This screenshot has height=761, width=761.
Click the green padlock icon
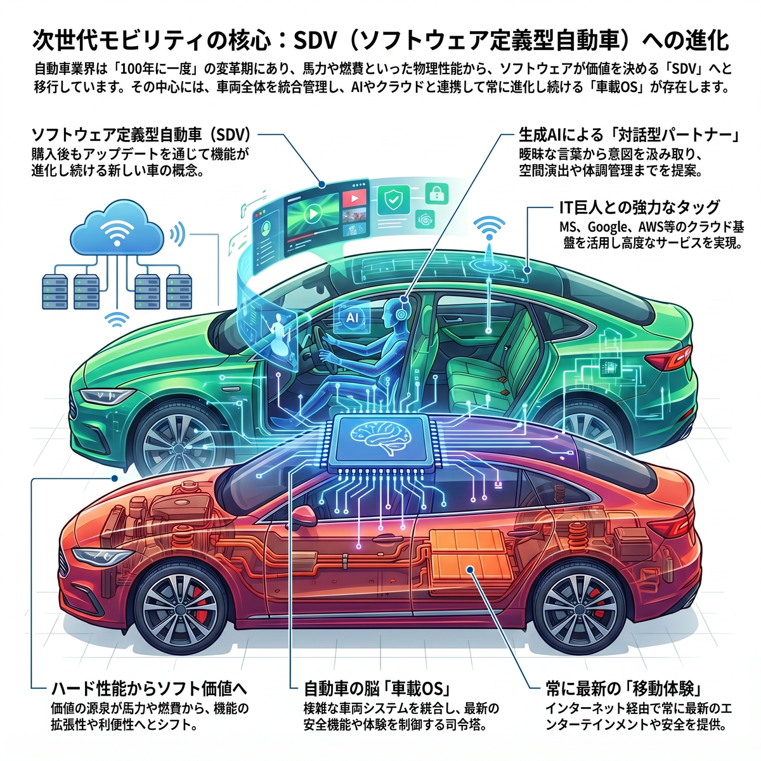click(x=437, y=193)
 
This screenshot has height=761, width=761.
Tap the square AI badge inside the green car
click(x=351, y=317)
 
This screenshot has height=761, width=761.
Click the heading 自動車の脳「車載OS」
click(x=378, y=689)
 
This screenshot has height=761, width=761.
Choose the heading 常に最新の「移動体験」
click(x=623, y=689)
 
